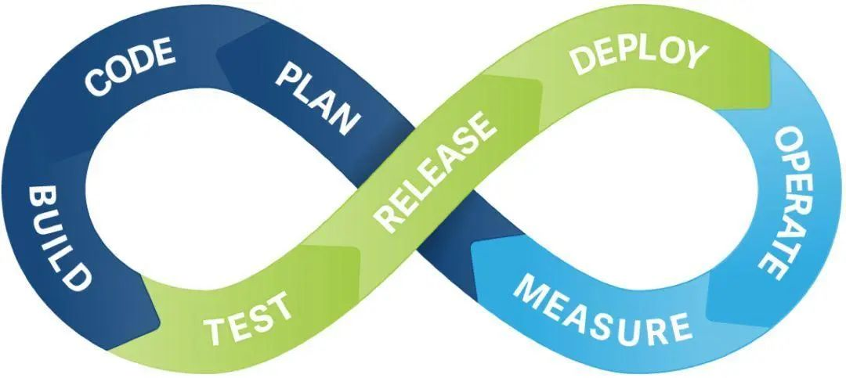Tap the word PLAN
click(x=317, y=97)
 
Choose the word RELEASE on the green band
click(x=436, y=171)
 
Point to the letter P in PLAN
click(x=287, y=75)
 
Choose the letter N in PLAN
click(x=348, y=122)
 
